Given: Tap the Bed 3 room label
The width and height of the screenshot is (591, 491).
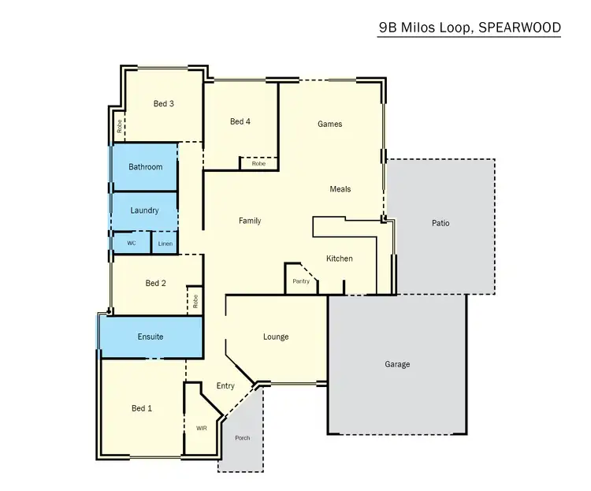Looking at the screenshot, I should [163, 103].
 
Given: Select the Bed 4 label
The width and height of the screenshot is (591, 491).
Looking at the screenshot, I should [240, 121].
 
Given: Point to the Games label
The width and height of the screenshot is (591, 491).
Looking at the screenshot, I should [329, 124].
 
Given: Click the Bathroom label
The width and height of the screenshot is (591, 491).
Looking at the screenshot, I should [146, 167].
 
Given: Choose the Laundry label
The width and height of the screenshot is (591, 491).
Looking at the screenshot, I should [144, 210].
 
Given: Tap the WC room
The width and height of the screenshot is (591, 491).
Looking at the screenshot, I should [132, 244].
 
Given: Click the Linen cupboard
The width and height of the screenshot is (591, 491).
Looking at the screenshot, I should [165, 244].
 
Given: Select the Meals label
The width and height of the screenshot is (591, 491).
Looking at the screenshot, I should [340, 189].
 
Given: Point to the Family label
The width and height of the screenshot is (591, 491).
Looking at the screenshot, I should [250, 221].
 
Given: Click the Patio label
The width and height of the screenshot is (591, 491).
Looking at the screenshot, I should [440, 223].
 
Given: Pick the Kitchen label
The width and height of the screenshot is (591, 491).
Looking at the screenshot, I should [340, 259].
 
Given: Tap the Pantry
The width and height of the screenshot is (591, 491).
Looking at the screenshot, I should [300, 281].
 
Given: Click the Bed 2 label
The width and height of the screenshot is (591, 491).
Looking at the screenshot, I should [156, 283].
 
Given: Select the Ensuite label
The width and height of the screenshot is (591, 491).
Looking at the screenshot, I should [151, 337].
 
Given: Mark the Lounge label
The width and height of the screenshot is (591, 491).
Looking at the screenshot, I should [276, 337].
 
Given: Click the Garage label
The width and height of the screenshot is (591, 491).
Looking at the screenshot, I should [397, 364].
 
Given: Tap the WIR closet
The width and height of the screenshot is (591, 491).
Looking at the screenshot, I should [201, 428].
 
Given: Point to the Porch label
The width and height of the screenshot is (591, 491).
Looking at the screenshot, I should [243, 437].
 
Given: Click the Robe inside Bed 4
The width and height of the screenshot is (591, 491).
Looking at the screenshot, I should [258, 164].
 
